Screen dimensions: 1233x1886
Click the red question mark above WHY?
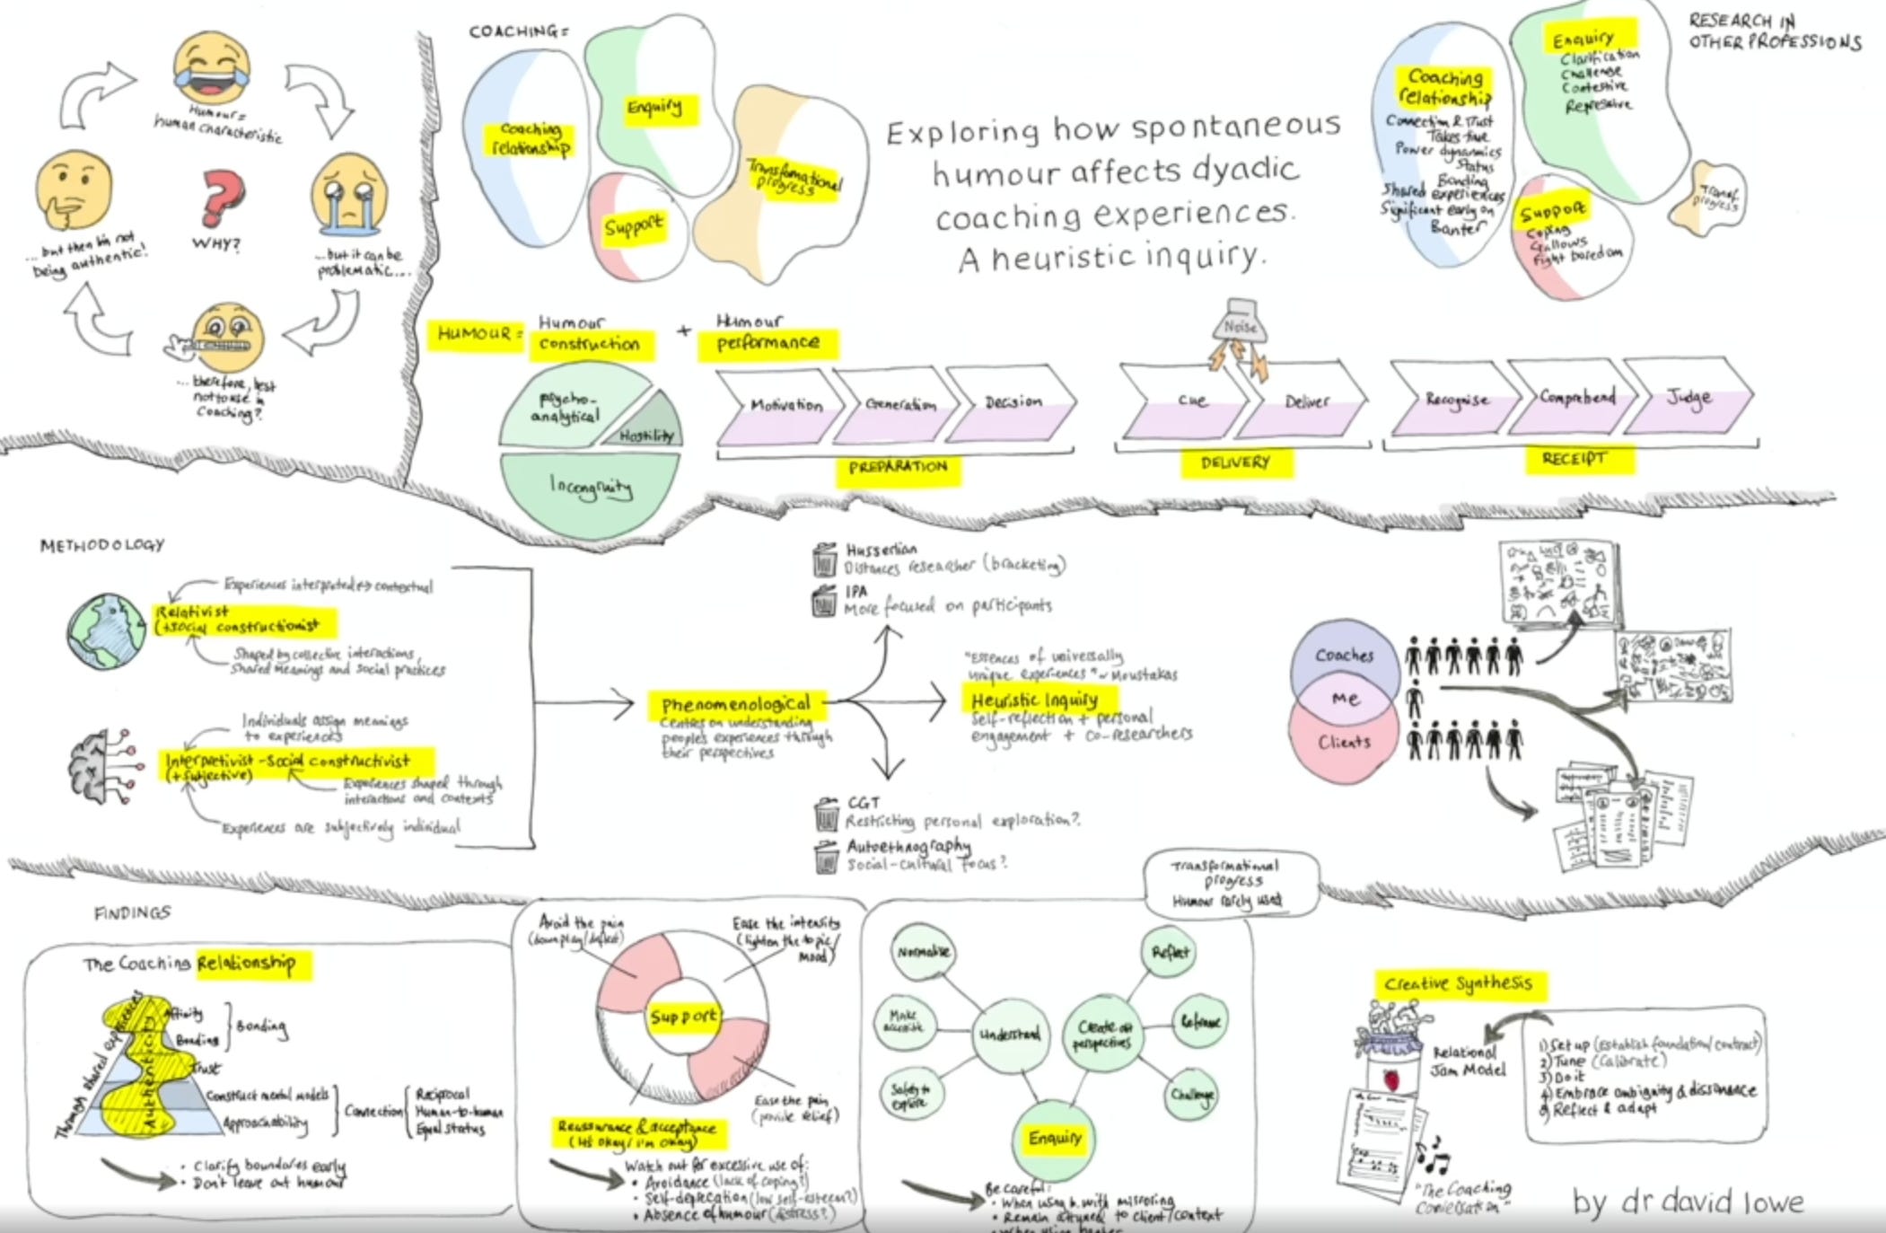(221, 197)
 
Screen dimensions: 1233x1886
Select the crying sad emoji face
(350, 191)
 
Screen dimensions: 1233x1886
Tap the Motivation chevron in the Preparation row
(783, 407)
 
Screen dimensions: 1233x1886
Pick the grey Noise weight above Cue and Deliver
(1241, 323)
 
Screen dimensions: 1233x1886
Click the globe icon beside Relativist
(107, 631)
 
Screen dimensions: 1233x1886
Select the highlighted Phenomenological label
(735, 704)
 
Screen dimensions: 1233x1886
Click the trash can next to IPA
(823, 601)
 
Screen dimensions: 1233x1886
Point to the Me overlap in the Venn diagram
(1344, 699)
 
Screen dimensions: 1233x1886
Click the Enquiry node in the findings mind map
(1055, 1139)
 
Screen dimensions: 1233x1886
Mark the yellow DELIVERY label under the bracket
(1236, 462)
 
